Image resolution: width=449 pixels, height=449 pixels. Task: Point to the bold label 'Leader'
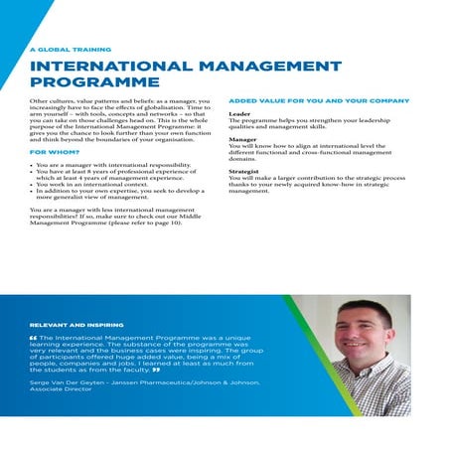point(238,114)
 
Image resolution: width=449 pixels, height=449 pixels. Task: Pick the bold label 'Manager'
point(243,140)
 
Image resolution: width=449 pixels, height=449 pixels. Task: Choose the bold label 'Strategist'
point(245,171)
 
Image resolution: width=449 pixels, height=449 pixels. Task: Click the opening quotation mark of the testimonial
point(34,338)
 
